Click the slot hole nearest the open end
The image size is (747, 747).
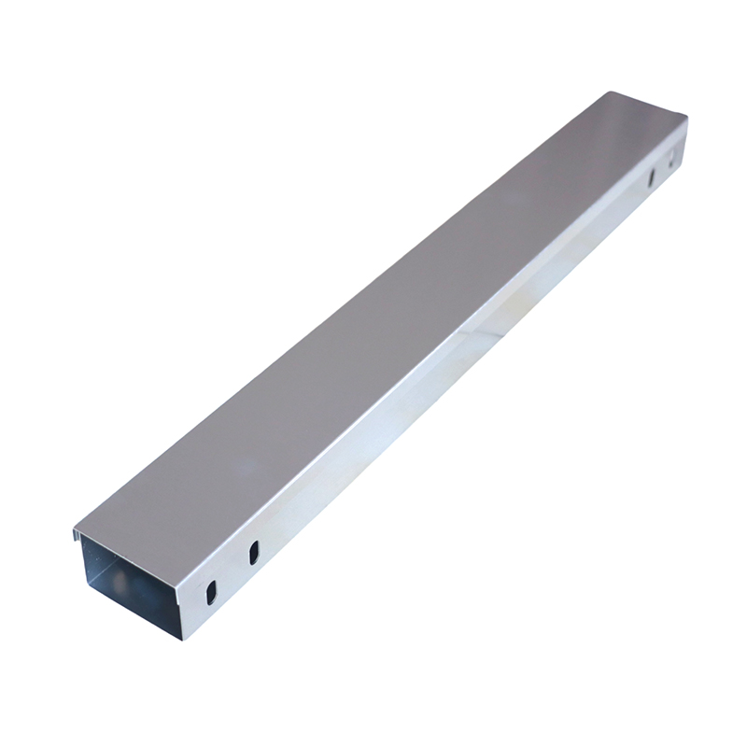point(210,591)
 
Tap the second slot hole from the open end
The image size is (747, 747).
point(253,552)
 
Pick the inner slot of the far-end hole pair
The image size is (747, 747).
point(653,175)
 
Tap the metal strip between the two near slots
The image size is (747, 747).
point(232,571)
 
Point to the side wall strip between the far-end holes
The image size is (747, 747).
point(663,161)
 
